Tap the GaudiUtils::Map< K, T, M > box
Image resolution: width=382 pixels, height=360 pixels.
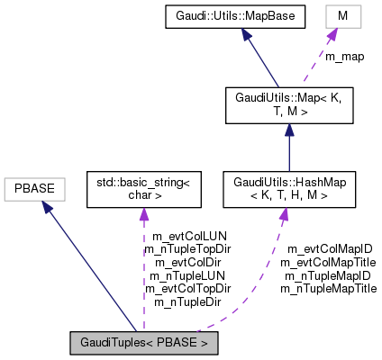(287, 105)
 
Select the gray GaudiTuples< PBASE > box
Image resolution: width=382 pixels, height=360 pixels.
(144, 343)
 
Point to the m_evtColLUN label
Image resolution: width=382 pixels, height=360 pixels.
(188, 236)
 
